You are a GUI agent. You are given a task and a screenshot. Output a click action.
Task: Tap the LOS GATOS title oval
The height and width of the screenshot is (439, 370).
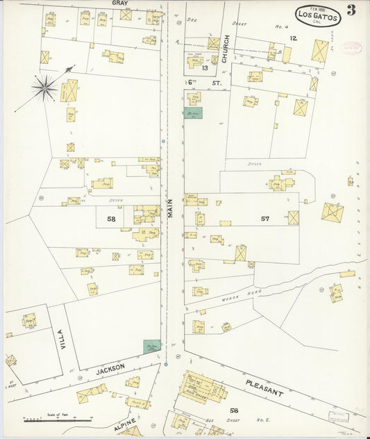tap(317, 15)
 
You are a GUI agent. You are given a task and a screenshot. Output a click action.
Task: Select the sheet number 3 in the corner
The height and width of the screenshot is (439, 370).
tap(352, 10)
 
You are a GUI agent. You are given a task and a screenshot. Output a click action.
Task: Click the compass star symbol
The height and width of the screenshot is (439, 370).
tap(45, 87)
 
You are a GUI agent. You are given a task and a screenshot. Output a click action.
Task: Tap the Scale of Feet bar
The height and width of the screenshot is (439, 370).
tap(58, 420)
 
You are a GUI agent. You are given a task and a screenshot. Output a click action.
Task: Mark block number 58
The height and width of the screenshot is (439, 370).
tap(111, 219)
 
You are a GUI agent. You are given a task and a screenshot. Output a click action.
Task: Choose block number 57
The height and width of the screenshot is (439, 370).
tap(264, 219)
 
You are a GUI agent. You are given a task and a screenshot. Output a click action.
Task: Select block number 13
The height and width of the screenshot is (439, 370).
tap(204, 67)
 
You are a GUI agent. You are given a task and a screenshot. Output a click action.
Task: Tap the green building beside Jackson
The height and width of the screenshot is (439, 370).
tap(152, 345)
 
